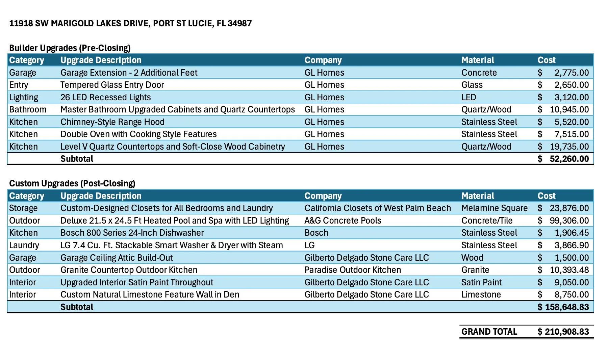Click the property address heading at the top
click(130, 23)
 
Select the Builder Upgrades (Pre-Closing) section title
click(70, 48)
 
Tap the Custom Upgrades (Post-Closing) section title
click(72, 183)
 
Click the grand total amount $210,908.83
click(563, 332)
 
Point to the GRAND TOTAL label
click(489, 332)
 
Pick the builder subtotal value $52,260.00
click(563, 159)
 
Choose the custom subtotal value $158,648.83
click(563, 307)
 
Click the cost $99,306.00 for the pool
click(563, 221)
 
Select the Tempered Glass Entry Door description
click(112, 85)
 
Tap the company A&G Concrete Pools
click(343, 221)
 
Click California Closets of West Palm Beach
click(378, 208)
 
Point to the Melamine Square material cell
click(495, 208)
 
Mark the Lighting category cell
click(24, 97)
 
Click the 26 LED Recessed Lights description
click(106, 97)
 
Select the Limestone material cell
click(481, 294)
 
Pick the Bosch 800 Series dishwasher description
click(132, 233)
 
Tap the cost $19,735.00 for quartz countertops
click(563, 147)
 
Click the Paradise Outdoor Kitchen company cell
click(353, 270)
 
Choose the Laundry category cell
click(24, 245)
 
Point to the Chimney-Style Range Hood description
click(112, 122)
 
